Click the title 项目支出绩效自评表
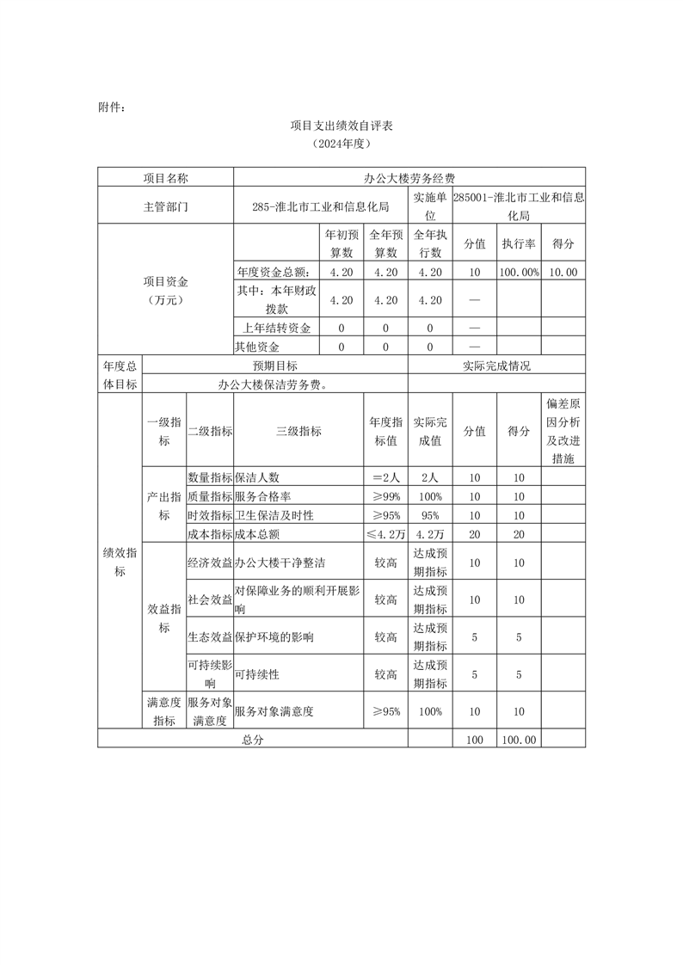(x=341, y=126)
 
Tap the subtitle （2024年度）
(x=341, y=145)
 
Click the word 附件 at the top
(x=112, y=108)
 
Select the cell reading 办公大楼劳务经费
(x=409, y=178)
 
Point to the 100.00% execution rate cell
(x=519, y=272)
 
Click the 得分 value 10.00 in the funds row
(x=563, y=272)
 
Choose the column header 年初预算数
(x=341, y=243)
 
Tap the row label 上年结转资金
(x=276, y=328)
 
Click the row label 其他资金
(x=257, y=347)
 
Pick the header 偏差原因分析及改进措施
(x=563, y=431)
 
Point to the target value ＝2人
(x=385, y=476)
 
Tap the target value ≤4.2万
(x=385, y=534)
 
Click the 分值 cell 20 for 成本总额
(x=474, y=534)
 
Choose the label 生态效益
(x=210, y=637)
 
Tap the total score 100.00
(x=519, y=739)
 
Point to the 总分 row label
(x=252, y=739)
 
